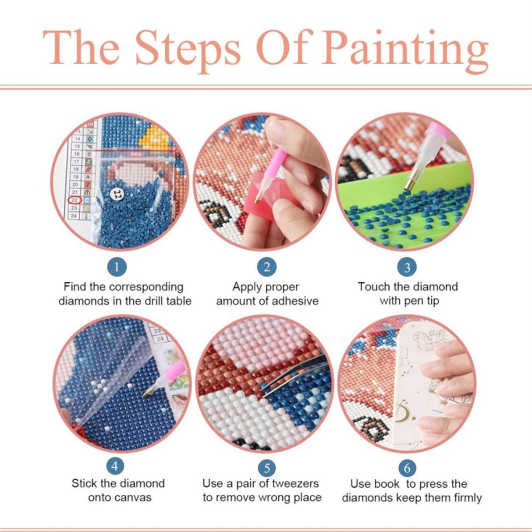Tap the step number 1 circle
coord(117,266)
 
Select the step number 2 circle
coord(267,266)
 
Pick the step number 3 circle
coord(407,267)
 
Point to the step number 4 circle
coord(115,466)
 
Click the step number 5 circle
coord(267,467)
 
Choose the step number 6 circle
coord(408,468)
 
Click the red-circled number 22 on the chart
coord(74,200)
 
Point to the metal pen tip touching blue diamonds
coord(408,188)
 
